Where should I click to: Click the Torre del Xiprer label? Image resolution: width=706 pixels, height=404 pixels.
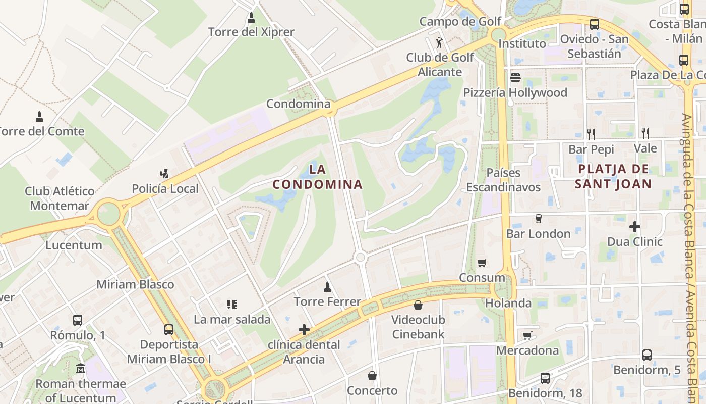click(x=251, y=32)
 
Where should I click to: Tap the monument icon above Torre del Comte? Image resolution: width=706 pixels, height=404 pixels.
click(x=39, y=117)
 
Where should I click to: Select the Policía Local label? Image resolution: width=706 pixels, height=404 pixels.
click(x=165, y=189)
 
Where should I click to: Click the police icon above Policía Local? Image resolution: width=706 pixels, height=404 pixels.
click(x=164, y=174)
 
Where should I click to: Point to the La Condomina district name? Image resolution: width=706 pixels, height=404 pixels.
click(x=318, y=176)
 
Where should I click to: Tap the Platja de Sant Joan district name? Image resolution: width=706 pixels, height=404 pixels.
click(x=613, y=176)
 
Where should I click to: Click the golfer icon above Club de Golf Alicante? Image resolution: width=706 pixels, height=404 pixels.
click(x=440, y=42)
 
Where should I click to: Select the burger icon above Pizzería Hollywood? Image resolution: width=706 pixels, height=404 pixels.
click(x=515, y=78)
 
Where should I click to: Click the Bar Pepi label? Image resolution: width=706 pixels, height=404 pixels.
click(x=591, y=149)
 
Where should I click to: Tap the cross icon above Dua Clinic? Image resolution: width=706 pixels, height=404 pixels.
click(x=635, y=227)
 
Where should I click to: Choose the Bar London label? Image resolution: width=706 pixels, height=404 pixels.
click(x=538, y=234)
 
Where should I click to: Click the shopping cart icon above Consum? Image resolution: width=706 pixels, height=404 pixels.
click(x=482, y=263)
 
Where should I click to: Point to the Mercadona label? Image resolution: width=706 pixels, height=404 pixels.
click(x=527, y=350)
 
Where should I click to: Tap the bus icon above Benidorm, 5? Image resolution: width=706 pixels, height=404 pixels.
click(x=647, y=355)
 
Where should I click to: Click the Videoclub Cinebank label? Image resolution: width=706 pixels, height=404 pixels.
click(x=418, y=327)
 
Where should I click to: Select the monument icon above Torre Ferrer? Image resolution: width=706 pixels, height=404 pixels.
click(x=327, y=287)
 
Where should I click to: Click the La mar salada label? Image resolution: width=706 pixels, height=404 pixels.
click(x=232, y=320)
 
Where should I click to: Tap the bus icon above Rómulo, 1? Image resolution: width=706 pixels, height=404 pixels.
click(x=78, y=320)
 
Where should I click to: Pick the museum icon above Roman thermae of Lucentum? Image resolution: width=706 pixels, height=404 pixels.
click(x=81, y=368)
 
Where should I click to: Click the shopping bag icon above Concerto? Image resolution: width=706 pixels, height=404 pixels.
click(x=372, y=376)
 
